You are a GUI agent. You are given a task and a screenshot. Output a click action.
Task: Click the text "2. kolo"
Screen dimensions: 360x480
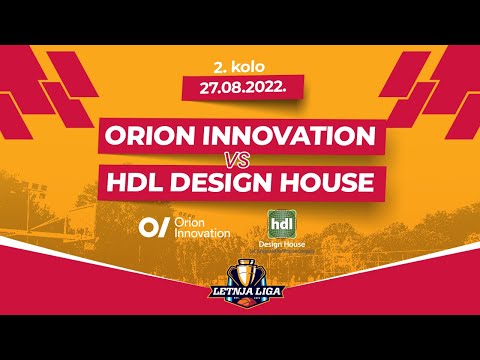click(x=240, y=66)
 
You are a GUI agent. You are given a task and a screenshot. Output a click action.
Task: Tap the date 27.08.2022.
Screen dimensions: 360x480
click(x=240, y=87)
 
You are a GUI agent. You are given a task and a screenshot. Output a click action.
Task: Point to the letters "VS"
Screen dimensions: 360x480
click(x=240, y=160)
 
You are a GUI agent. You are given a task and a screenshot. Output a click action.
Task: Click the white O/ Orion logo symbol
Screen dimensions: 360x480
click(x=153, y=226)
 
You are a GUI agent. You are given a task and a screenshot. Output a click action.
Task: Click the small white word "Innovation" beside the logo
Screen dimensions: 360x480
click(x=202, y=233)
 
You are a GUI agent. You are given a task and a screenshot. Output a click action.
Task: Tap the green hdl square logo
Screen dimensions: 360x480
click(x=282, y=222)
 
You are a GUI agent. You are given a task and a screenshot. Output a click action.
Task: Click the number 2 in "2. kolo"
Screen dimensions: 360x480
click(x=217, y=66)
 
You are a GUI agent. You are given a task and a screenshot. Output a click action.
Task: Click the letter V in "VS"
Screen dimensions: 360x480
click(x=234, y=160)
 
